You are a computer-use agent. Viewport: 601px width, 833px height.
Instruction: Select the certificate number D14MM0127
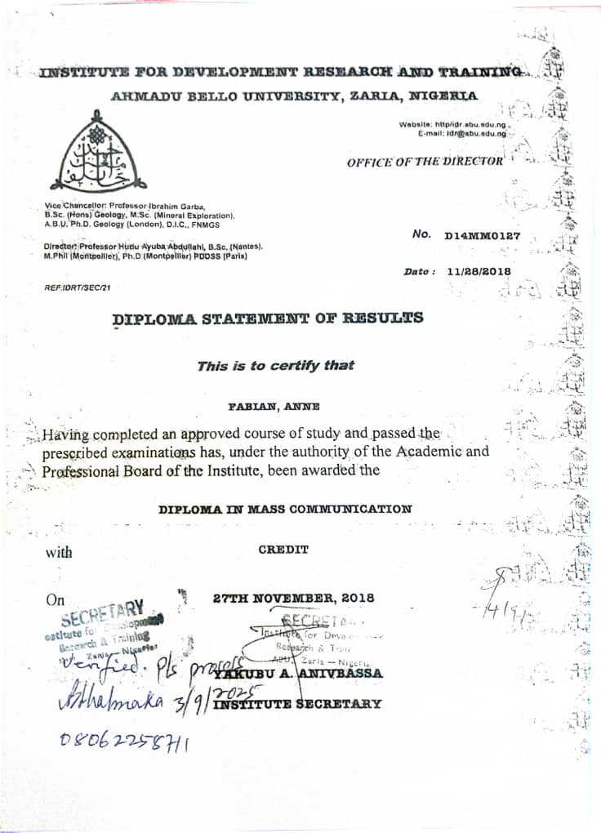coord(482,236)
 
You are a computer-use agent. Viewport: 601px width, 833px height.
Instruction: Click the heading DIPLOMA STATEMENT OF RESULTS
coord(268,318)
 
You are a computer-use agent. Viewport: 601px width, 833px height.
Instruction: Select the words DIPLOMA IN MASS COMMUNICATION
coord(285,509)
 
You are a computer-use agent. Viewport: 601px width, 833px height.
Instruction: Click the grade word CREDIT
coord(283,550)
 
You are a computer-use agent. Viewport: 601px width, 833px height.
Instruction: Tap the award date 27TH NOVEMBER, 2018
coord(293,598)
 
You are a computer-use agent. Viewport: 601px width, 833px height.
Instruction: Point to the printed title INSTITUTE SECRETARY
coord(297,703)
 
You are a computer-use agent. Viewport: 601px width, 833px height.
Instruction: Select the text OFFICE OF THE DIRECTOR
coord(425,162)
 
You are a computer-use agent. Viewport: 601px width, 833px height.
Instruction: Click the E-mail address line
coord(461,132)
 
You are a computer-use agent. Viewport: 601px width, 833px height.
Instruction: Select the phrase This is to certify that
coord(275,365)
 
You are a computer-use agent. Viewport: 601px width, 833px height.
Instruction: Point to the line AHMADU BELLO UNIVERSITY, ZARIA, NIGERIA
coord(294,96)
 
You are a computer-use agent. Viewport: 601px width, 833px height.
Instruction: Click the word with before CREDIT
coord(59,553)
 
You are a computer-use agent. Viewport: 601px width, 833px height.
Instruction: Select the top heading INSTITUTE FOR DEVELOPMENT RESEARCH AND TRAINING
coord(280,73)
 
